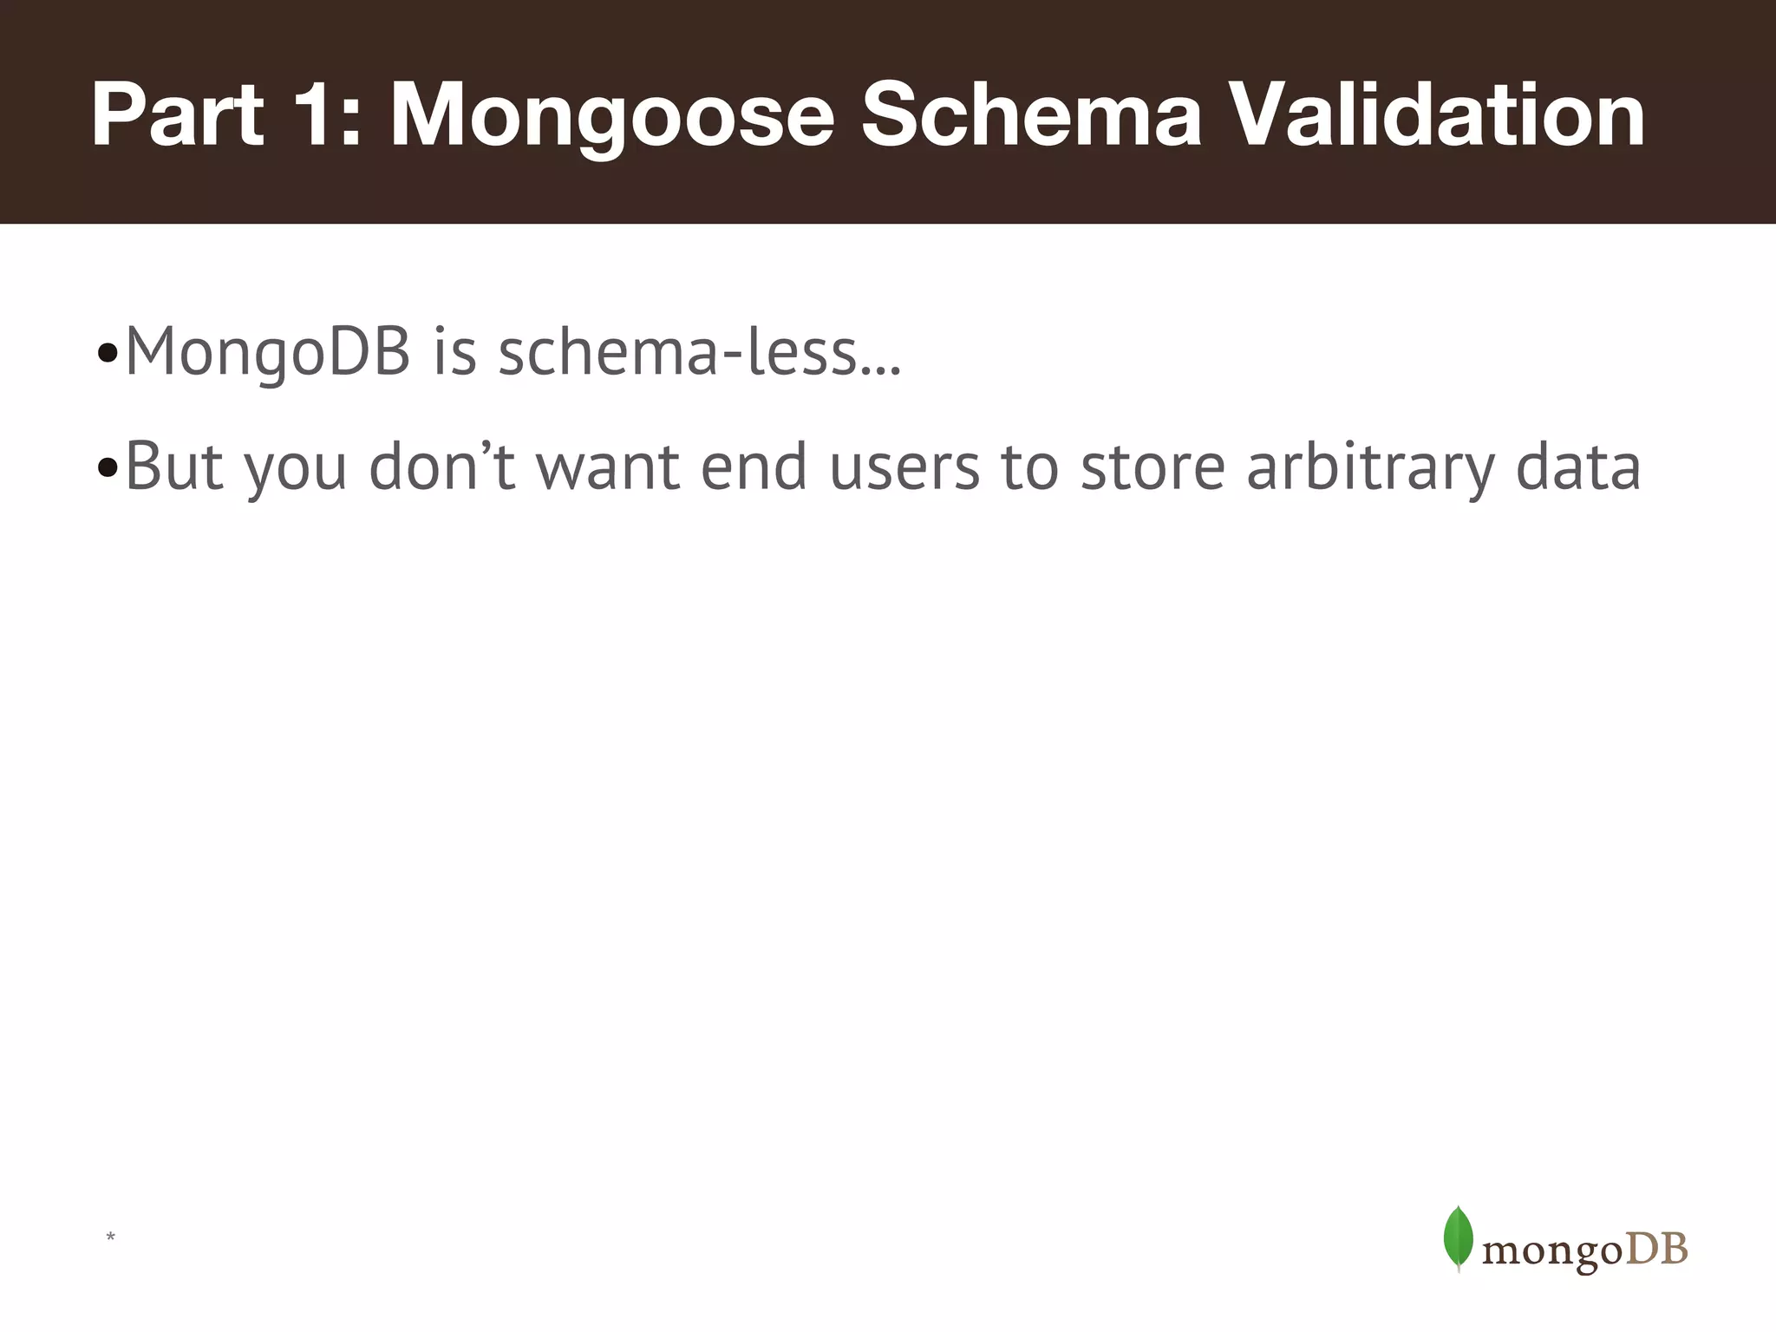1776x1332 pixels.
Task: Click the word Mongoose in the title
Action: [611, 117]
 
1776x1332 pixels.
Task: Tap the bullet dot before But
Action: [108, 469]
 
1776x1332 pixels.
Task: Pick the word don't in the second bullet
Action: [441, 467]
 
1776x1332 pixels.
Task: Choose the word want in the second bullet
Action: [608, 467]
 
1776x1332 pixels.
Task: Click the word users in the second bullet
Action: [904, 467]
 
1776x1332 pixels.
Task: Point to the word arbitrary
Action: [1370, 467]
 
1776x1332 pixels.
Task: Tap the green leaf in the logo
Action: [1458, 1237]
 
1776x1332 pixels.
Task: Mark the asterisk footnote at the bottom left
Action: [110, 1237]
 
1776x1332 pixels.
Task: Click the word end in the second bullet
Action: [754, 467]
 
